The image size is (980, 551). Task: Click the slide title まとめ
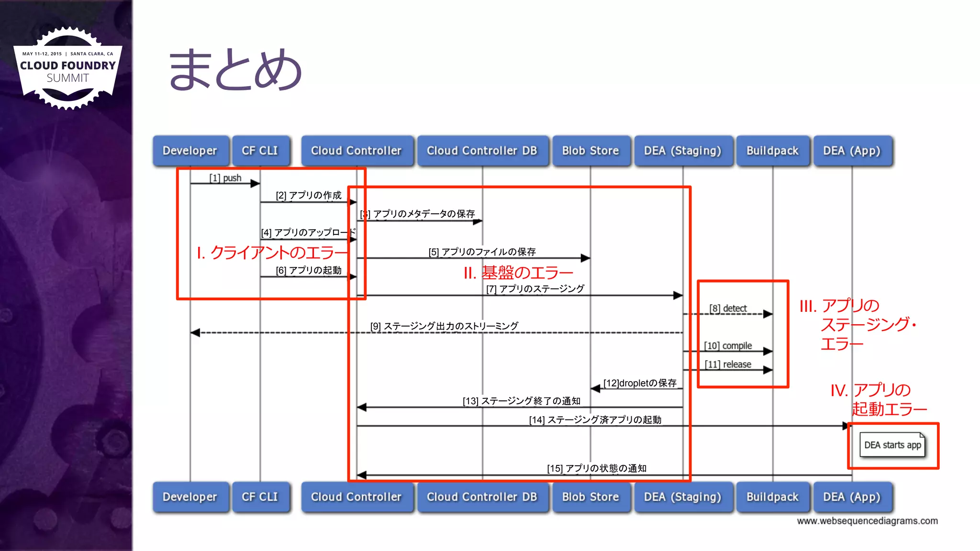click(235, 70)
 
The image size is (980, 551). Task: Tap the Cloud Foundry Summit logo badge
click(67, 68)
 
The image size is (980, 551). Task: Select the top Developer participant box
click(190, 151)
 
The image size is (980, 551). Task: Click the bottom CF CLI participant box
click(260, 497)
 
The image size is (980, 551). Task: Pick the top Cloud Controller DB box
click(482, 151)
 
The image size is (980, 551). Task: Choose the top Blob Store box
click(590, 151)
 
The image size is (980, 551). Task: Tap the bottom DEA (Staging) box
click(682, 497)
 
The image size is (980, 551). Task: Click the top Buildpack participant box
click(772, 151)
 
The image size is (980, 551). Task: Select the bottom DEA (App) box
click(852, 497)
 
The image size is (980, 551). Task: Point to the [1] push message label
click(225, 178)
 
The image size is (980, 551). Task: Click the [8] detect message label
click(728, 309)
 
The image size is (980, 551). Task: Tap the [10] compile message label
click(728, 346)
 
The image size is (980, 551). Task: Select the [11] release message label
click(728, 364)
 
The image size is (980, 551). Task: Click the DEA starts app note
click(892, 445)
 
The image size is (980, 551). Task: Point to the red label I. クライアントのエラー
click(272, 253)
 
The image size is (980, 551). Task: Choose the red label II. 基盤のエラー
click(518, 273)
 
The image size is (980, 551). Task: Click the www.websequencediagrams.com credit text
click(867, 521)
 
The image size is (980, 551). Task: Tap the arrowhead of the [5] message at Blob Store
click(586, 258)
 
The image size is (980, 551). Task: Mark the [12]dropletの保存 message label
click(640, 383)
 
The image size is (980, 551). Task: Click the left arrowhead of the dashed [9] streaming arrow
click(195, 332)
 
